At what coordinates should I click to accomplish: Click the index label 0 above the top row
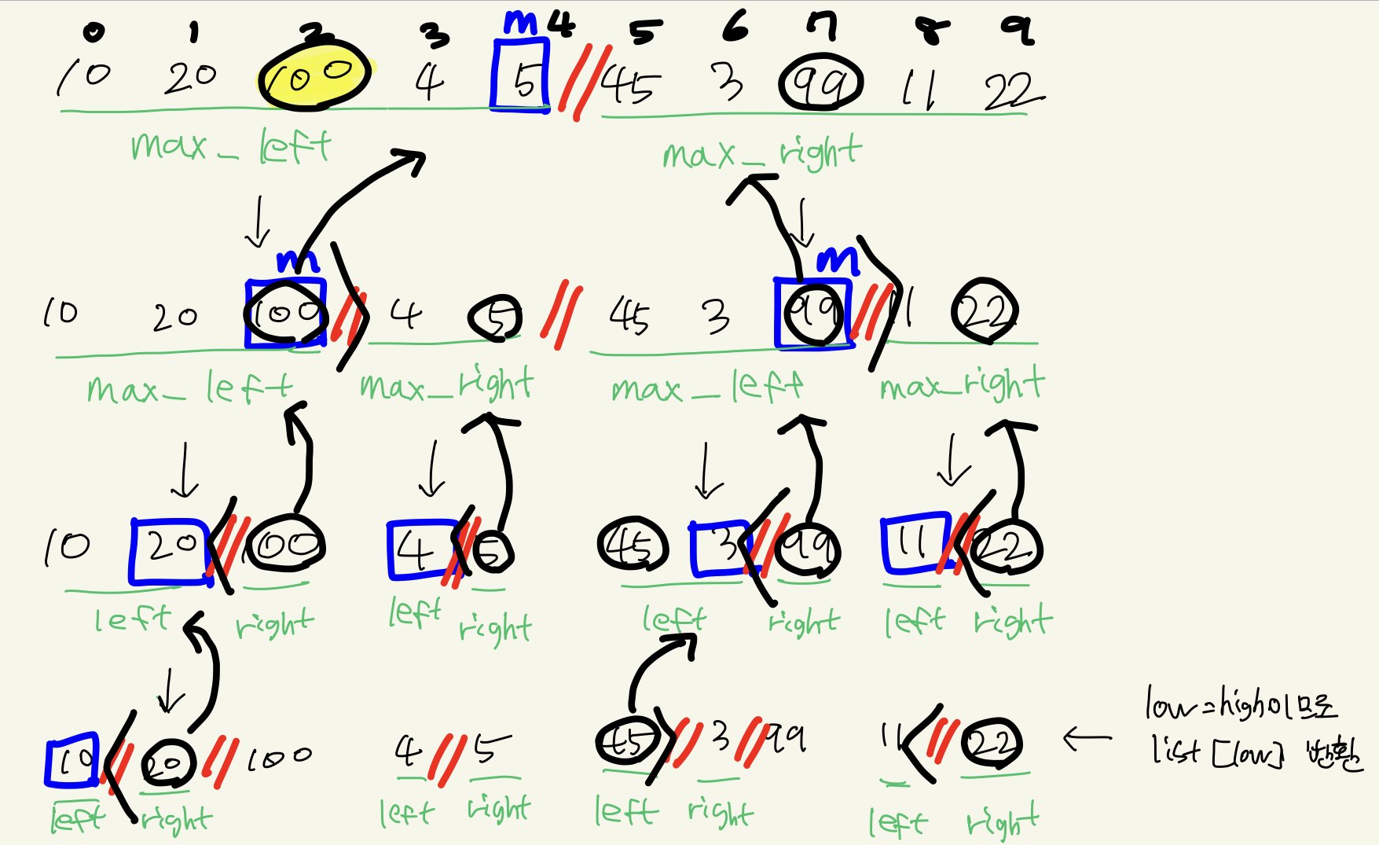point(94,31)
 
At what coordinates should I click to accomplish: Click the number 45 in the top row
point(630,83)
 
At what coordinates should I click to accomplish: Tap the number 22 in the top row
point(1012,90)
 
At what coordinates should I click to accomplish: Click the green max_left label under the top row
point(231,146)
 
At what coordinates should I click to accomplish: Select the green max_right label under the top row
point(761,152)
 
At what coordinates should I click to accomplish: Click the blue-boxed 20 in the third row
point(171,549)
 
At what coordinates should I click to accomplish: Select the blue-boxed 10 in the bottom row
point(72,759)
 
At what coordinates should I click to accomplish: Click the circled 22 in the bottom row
point(991,744)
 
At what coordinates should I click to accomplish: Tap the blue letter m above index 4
point(520,24)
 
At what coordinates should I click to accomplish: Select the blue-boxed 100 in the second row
point(285,313)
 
